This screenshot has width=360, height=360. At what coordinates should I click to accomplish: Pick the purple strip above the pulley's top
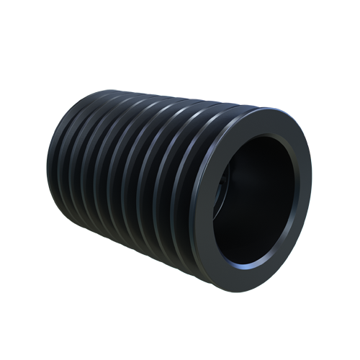pos(180,94)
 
